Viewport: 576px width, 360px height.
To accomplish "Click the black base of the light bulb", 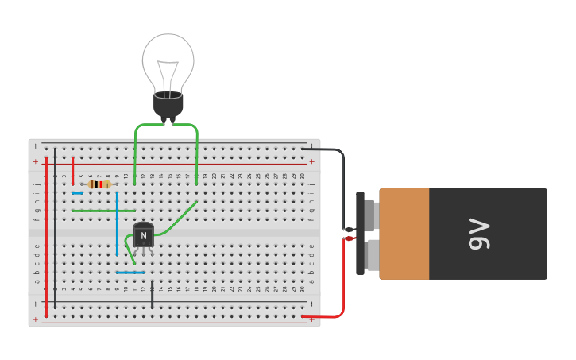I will click(x=168, y=104).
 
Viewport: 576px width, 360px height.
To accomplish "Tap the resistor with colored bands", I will click(x=99, y=184).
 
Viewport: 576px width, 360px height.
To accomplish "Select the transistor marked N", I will click(x=143, y=235).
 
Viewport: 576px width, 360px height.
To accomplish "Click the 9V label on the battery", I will click(x=480, y=234).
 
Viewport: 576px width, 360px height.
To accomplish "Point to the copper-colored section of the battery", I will click(x=404, y=234).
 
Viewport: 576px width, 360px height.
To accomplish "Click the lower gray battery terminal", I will click(x=370, y=255).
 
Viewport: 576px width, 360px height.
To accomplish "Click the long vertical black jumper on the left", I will click(x=55, y=223).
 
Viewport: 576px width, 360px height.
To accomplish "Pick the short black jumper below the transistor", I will click(x=152, y=293).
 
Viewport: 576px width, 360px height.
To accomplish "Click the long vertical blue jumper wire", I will click(x=117, y=223).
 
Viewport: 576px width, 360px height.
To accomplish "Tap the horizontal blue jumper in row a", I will click(x=130, y=273).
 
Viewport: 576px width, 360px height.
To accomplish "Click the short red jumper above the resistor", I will click(x=72, y=170).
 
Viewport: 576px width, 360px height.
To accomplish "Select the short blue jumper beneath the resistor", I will click(x=77, y=193).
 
